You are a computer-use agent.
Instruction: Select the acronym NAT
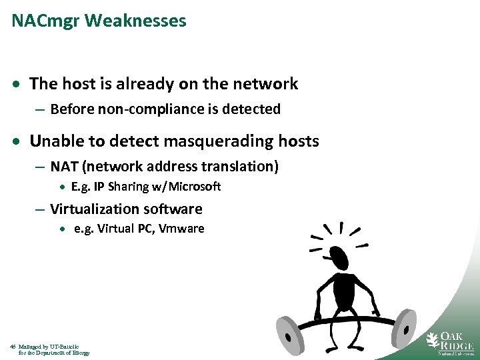click(64, 166)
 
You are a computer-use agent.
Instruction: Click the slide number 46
click(13, 347)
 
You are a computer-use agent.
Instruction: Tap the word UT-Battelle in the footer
click(65, 347)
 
